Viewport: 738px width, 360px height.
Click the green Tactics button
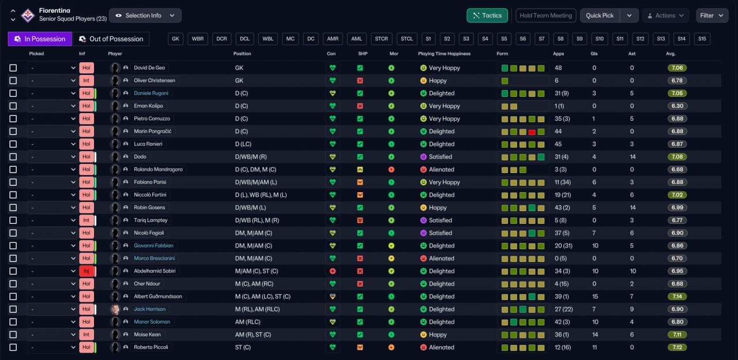pos(487,16)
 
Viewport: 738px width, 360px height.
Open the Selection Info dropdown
pos(145,16)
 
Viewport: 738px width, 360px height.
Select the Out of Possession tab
pos(111,39)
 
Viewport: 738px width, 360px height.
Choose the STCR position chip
pos(381,39)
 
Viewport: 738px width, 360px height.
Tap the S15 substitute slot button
pos(702,39)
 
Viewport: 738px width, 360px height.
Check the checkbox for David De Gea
pos(13,68)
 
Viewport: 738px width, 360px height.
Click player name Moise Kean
pos(147,335)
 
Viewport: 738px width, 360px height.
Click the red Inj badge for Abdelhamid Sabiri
pos(86,271)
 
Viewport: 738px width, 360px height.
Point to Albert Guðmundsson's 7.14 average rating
pos(677,297)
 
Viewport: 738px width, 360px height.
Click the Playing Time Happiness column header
pos(444,54)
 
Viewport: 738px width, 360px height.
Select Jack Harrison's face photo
pos(115,309)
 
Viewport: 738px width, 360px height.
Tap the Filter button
pos(712,16)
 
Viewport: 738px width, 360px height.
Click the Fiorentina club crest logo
pos(28,15)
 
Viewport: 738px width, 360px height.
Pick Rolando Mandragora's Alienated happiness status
pos(441,170)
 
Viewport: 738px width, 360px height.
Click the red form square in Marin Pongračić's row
pos(532,132)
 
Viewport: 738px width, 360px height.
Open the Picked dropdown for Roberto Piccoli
pos(52,347)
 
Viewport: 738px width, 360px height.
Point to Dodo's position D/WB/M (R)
pos(251,157)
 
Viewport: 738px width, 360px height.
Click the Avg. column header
pos(671,54)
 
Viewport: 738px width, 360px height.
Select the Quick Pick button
pos(600,16)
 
